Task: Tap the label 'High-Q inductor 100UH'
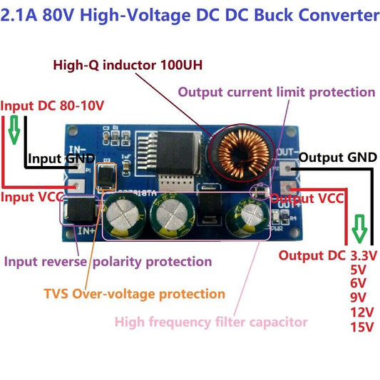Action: point(128,66)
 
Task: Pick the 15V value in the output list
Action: point(363,327)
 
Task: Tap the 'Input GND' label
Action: point(56,159)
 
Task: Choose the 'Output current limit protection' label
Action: point(276,92)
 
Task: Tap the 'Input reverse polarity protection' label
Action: point(108,261)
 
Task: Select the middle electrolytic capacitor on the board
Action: point(175,213)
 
